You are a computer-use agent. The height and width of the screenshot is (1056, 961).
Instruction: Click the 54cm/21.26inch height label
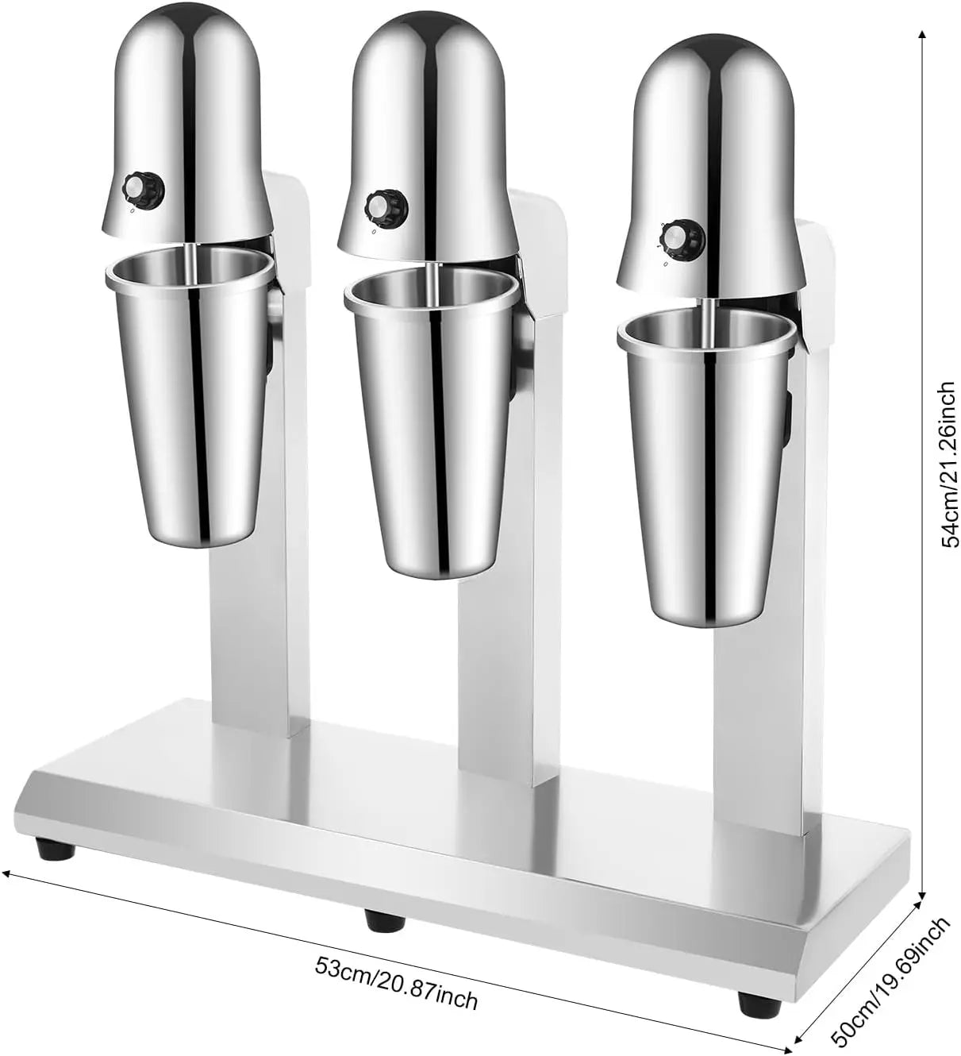pos(948,464)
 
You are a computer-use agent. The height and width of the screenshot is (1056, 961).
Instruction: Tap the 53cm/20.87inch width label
pos(396,984)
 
